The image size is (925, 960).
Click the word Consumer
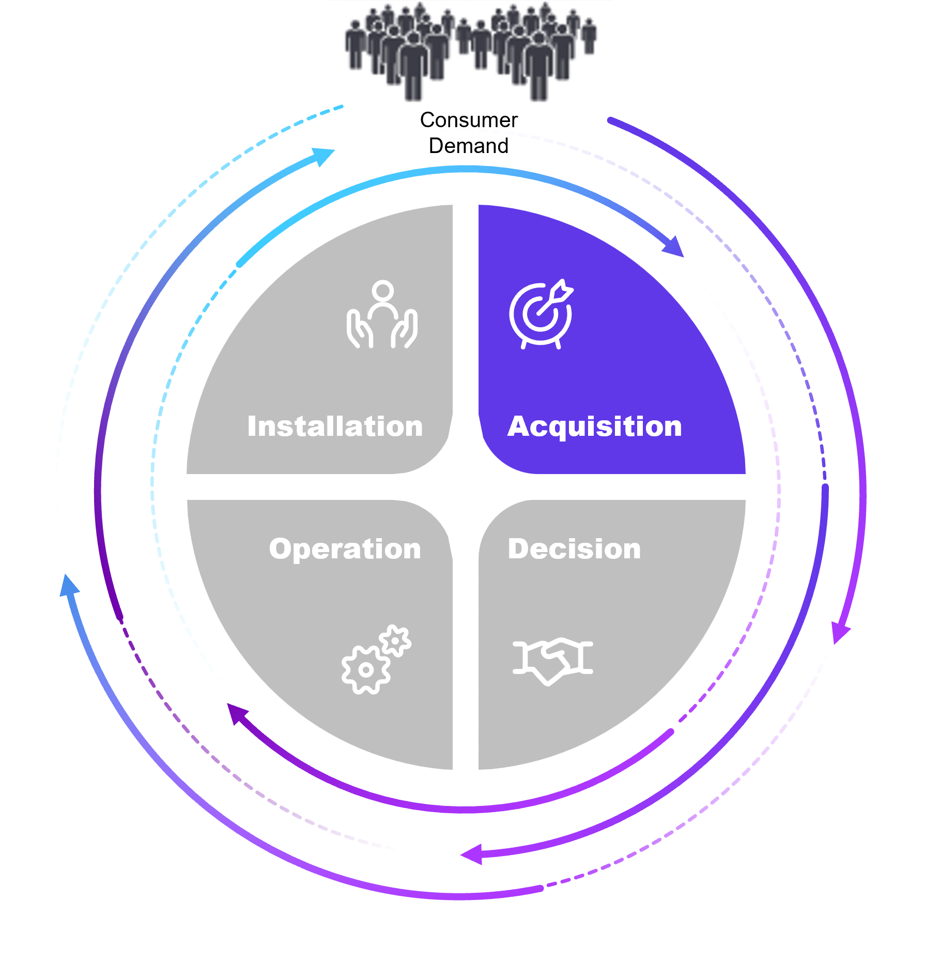coord(468,120)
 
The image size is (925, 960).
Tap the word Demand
coord(468,146)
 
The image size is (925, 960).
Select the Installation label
coord(335,426)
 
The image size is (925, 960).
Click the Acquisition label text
coord(594,426)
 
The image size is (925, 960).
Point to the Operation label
coord(345,548)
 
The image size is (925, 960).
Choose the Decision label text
coord(574,548)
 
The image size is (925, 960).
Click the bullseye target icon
coord(541,314)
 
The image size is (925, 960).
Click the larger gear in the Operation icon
coord(366,669)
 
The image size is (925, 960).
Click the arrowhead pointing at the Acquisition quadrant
coord(675,247)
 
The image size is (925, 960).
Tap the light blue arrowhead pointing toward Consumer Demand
coord(323,156)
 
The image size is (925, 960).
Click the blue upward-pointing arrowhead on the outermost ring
coord(69,586)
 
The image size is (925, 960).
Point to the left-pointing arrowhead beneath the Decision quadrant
coord(471,854)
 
